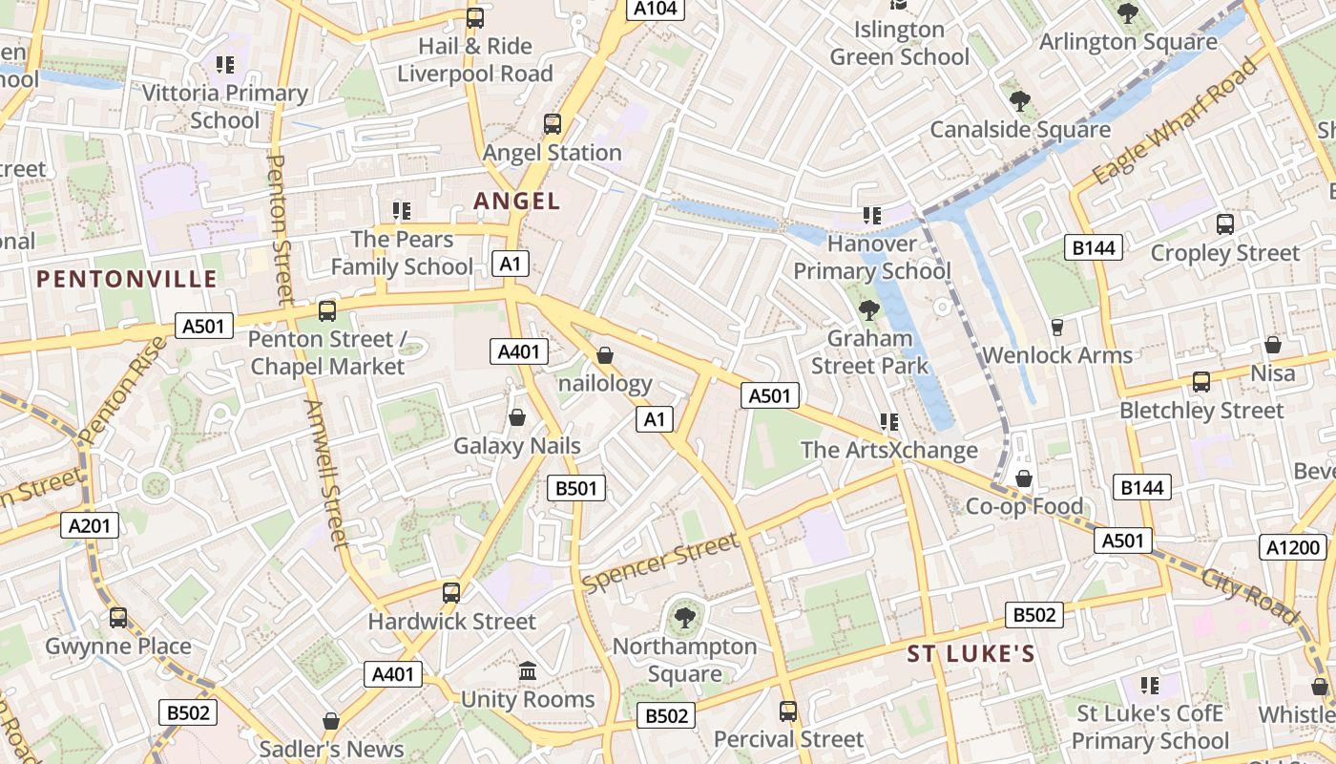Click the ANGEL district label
pyautogui.click(x=517, y=201)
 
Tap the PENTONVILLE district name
pyautogui.click(x=127, y=279)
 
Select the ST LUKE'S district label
pyautogui.click(x=971, y=654)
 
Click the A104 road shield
pyautogui.click(x=656, y=9)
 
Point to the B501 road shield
pyautogui.click(x=576, y=488)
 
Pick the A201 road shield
pyautogui.click(x=91, y=524)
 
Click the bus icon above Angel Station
pyautogui.click(x=553, y=123)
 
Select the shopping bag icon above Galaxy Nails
pyautogui.click(x=517, y=417)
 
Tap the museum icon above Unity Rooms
pyautogui.click(x=528, y=671)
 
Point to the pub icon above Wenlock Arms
pyautogui.click(x=1056, y=328)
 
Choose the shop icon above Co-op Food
pyautogui.click(x=1024, y=477)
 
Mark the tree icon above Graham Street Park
pyautogui.click(x=868, y=309)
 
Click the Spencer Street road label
pyautogui.click(x=659, y=562)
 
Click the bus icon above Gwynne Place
pyautogui.click(x=118, y=618)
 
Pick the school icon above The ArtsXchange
pyautogui.click(x=889, y=421)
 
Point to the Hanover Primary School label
pyautogui.click(x=872, y=257)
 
